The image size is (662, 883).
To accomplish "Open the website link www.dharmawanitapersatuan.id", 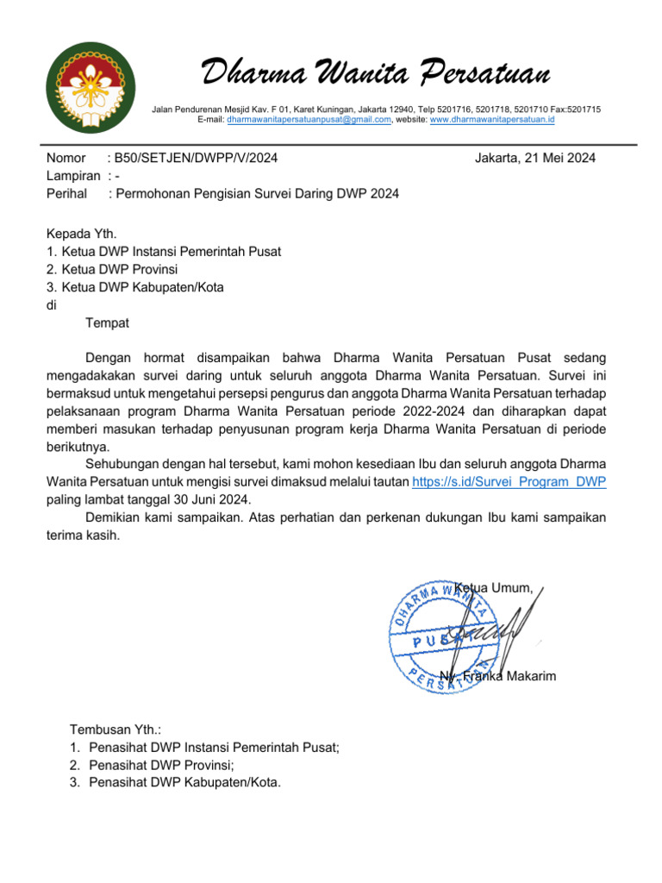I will [491, 121].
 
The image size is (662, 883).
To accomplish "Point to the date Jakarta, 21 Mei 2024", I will [535, 158].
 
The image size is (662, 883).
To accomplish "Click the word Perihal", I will [66, 194].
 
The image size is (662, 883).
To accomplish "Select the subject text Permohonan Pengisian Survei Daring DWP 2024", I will [257, 194].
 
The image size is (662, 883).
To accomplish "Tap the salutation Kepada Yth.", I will [81, 233].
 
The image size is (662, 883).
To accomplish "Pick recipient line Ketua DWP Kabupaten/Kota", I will [134, 287].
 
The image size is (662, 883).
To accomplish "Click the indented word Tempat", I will [108, 323].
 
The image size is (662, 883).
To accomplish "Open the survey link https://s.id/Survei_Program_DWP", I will [509, 482].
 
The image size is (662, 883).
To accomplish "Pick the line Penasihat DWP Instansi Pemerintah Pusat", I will [214, 748].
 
